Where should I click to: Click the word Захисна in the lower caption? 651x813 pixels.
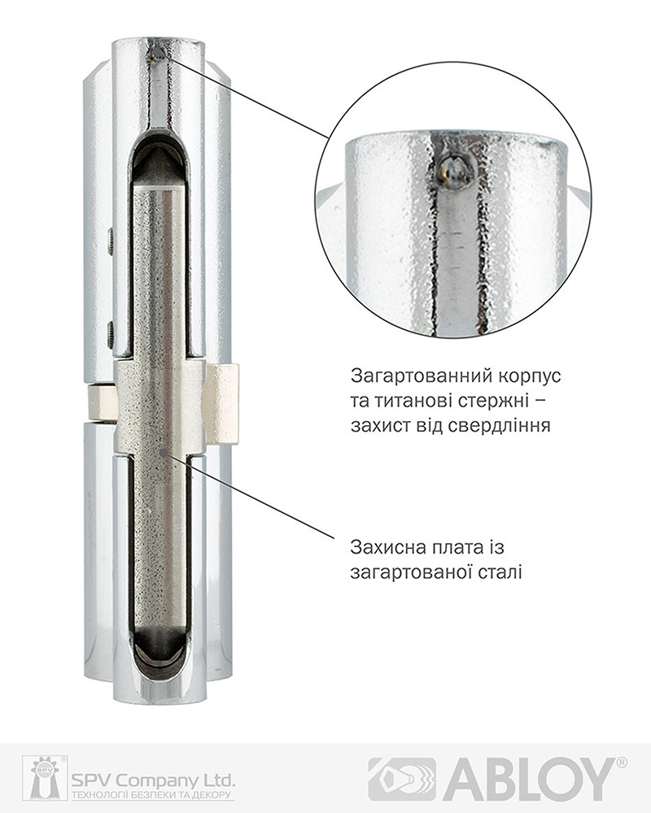pyautogui.click(x=389, y=547)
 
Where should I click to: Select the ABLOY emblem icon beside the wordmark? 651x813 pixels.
pyautogui.click(x=402, y=779)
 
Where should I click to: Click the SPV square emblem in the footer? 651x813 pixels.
pyautogui.click(x=45, y=778)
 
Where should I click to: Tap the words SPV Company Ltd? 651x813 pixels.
pyautogui.click(x=153, y=780)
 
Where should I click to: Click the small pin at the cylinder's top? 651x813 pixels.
pyautogui.click(x=157, y=54)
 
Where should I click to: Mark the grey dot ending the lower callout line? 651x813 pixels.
pyautogui.click(x=164, y=453)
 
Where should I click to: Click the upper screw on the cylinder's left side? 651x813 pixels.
pyautogui.click(x=111, y=241)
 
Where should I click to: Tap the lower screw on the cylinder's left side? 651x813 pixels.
pyautogui.click(x=111, y=334)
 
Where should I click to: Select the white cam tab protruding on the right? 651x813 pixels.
pyautogui.click(x=223, y=404)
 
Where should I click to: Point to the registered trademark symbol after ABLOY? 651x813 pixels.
pyautogui.click(x=622, y=763)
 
